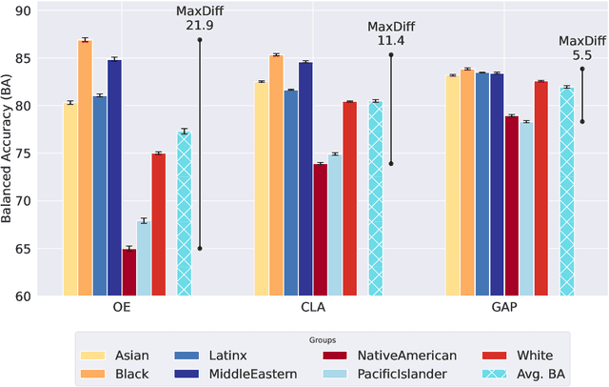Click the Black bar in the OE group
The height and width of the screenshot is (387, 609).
pos(85,168)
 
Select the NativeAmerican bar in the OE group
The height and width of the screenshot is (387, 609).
pos(128,273)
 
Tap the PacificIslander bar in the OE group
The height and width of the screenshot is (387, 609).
pos(144,258)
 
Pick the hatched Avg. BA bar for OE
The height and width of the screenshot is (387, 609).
pos(184,214)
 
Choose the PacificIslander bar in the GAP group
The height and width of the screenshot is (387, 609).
pos(526,209)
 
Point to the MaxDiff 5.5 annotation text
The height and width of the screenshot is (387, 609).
pos(581,49)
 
